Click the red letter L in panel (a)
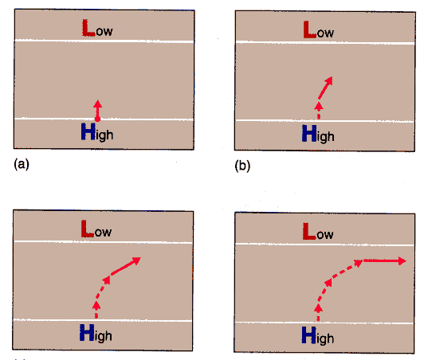(x=88, y=28)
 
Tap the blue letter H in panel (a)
(x=88, y=131)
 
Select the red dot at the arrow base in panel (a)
(x=97, y=119)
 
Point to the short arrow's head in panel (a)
(x=98, y=104)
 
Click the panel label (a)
(x=22, y=164)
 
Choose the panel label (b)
(x=242, y=166)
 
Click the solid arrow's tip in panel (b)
(x=332, y=77)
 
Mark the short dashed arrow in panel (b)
(x=319, y=111)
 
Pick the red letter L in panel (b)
(x=310, y=29)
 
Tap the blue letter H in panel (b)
(x=309, y=133)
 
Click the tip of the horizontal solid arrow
(x=406, y=260)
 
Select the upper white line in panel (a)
(x=104, y=41)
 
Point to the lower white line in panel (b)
(x=324, y=121)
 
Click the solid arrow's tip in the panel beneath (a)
(x=140, y=257)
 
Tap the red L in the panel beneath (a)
(x=88, y=229)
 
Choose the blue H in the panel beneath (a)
(x=87, y=332)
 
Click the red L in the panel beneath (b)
(x=309, y=231)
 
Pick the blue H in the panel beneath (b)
(x=308, y=335)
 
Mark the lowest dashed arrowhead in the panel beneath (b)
(x=319, y=308)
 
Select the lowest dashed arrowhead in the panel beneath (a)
(x=96, y=305)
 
